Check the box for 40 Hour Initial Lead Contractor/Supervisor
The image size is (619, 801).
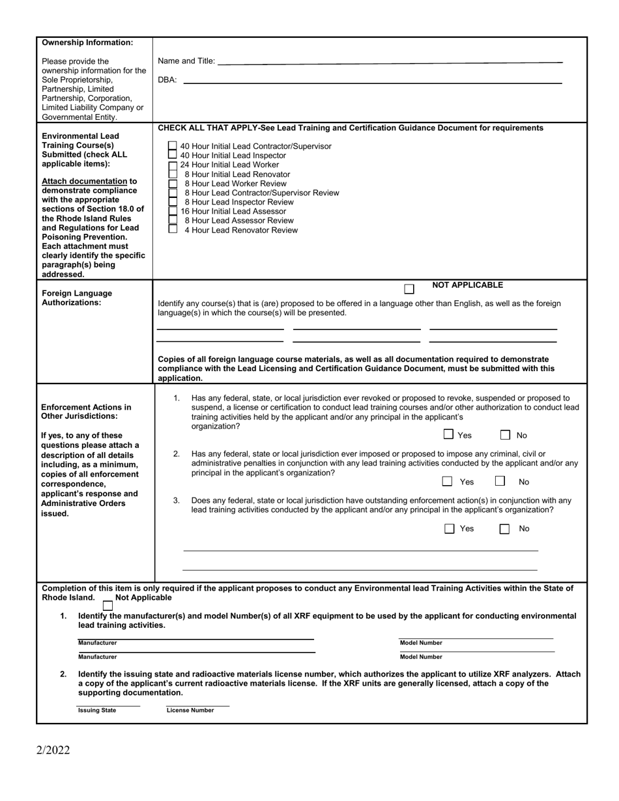[x=172, y=147]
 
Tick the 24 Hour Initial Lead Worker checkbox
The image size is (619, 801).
[x=172, y=165]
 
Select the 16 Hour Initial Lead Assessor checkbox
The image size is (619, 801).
[x=172, y=211]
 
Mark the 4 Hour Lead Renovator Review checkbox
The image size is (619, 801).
[x=172, y=229]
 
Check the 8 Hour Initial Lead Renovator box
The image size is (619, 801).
[x=172, y=175]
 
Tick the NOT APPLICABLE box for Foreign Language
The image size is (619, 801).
[x=409, y=289]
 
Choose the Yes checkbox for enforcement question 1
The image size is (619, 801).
[x=448, y=434]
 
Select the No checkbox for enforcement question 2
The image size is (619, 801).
[x=500, y=481]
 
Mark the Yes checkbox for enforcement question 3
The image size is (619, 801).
[x=449, y=529]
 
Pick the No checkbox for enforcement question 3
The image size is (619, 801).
[x=504, y=529]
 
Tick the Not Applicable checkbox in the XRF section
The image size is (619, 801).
[x=108, y=606]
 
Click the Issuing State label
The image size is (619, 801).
[x=97, y=710]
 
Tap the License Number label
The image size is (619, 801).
[x=190, y=710]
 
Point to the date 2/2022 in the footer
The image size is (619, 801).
[x=53, y=750]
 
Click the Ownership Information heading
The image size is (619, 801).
[x=87, y=43]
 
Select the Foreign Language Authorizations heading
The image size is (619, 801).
[x=76, y=298]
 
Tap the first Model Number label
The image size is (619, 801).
[x=421, y=643]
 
